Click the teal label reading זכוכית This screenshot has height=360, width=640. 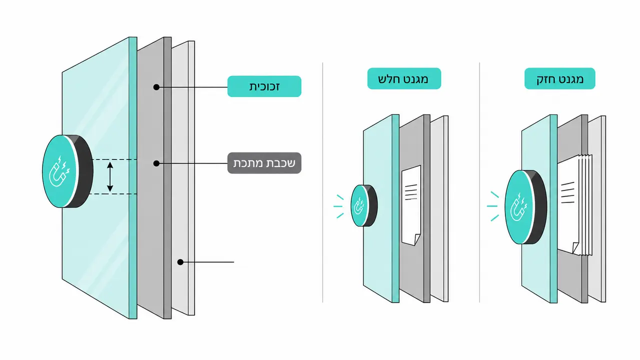[x=264, y=86]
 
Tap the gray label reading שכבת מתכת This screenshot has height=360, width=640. [x=264, y=163]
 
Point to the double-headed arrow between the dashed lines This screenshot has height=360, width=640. [x=110, y=176]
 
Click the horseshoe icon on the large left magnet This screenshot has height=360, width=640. [x=60, y=171]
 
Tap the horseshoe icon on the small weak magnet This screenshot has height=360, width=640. [x=359, y=205]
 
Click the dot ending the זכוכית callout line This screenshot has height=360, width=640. [x=156, y=87]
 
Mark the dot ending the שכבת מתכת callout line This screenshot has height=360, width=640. [x=156, y=163]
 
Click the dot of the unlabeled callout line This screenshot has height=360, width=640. [x=180, y=262]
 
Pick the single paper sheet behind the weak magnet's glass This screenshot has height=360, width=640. [x=411, y=205]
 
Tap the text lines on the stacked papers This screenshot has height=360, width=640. [x=567, y=192]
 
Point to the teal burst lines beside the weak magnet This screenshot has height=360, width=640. [x=339, y=206]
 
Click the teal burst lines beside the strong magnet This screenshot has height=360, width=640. [x=493, y=206]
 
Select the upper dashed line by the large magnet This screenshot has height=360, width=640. [x=114, y=159]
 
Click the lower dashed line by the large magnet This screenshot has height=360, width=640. [x=113, y=194]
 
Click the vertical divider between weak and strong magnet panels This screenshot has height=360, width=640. [x=479, y=182]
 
